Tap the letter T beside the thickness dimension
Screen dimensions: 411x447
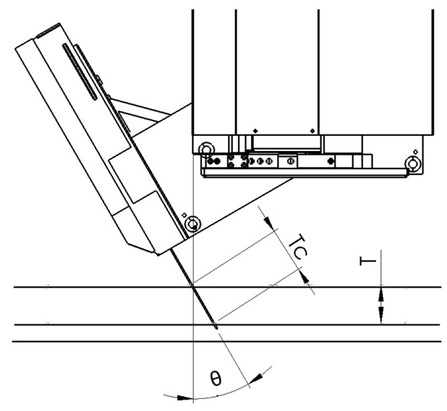click(368, 260)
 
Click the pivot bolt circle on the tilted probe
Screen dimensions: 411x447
click(192, 224)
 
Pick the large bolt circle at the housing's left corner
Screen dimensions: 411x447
click(206, 150)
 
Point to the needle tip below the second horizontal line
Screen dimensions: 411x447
click(216, 327)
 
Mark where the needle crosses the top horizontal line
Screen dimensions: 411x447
click(192, 287)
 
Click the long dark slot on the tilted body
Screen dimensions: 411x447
click(80, 71)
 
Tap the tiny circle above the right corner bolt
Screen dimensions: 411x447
click(416, 151)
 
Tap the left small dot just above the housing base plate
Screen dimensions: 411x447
click(255, 131)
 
